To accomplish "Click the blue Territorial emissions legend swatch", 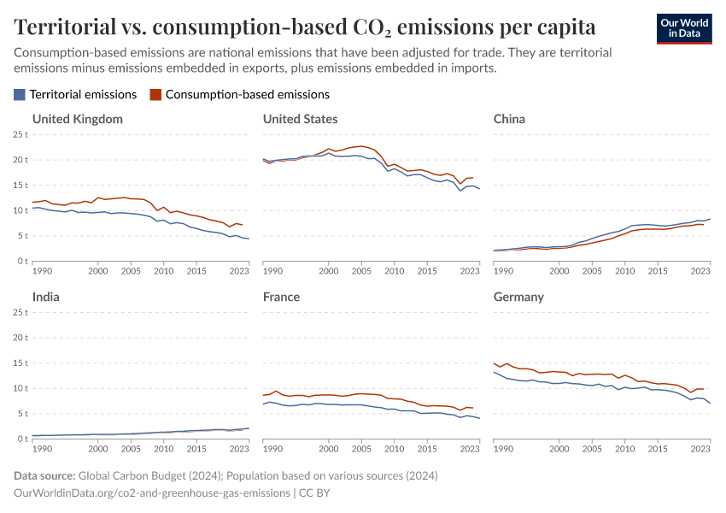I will click(20, 95).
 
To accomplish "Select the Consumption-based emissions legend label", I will click(247, 95).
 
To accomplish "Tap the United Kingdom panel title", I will click(78, 119).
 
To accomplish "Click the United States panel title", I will click(300, 119).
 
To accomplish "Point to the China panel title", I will click(509, 119).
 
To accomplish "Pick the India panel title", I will click(46, 297).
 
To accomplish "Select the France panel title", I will click(281, 297).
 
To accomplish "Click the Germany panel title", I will click(518, 297).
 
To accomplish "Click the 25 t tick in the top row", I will click(20, 134).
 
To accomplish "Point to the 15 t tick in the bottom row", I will click(20, 363).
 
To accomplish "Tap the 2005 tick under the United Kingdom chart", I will click(131, 271).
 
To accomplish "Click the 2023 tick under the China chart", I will click(700, 271).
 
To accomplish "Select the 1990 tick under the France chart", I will click(272, 449).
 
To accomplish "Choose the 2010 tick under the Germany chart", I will click(624, 449).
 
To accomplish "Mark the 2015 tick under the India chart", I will click(196, 449).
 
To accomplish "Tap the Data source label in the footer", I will click(44, 475).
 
